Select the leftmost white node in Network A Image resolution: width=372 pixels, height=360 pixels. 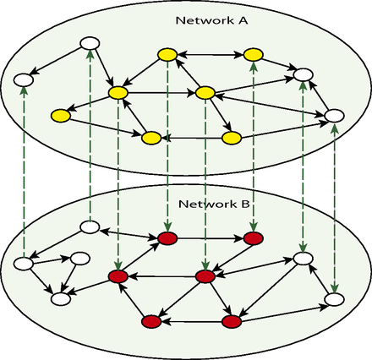(x=23, y=81)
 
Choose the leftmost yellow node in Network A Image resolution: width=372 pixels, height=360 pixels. (x=59, y=115)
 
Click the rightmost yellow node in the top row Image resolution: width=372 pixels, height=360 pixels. (x=251, y=55)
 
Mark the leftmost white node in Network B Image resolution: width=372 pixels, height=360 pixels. (x=23, y=264)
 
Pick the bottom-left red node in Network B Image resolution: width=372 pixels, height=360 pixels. (x=151, y=321)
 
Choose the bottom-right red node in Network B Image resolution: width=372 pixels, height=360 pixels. (x=231, y=321)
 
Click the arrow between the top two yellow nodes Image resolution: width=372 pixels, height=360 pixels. (x=209, y=55)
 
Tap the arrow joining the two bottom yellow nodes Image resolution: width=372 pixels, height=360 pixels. (x=191, y=137)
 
